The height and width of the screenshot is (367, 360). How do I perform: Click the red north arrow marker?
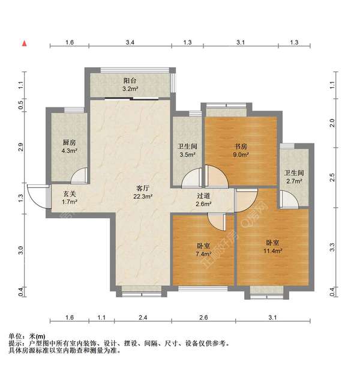(x=24, y=43)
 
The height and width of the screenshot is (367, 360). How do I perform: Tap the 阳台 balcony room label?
(x=130, y=81)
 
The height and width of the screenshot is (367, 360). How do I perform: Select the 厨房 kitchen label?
(x=69, y=142)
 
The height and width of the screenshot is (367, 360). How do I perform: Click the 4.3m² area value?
(x=69, y=151)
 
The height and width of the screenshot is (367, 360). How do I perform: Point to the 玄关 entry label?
(x=70, y=193)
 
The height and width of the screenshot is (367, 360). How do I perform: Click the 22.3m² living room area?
(x=143, y=196)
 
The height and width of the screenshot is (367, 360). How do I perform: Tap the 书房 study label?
(x=241, y=147)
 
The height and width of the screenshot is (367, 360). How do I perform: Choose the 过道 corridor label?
(x=203, y=196)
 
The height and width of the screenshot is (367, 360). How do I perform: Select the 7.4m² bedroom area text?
(x=203, y=254)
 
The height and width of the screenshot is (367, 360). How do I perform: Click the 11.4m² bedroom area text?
(x=273, y=251)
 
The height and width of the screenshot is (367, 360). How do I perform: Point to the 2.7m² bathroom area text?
(x=295, y=181)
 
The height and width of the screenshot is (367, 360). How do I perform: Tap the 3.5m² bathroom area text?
(x=187, y=154)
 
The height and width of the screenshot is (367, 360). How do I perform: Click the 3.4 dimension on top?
(x=130, y=43)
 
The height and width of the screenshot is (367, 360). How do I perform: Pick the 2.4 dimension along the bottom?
(x=143, y=317)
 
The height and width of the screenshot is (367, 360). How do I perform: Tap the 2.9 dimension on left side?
(x=21, y=148)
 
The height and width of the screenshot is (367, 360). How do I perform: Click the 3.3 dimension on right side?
(x=332, y=247)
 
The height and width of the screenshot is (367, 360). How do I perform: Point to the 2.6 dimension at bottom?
(x=203, y=317)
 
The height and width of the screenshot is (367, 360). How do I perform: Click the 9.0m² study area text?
(x=241, y=154)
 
